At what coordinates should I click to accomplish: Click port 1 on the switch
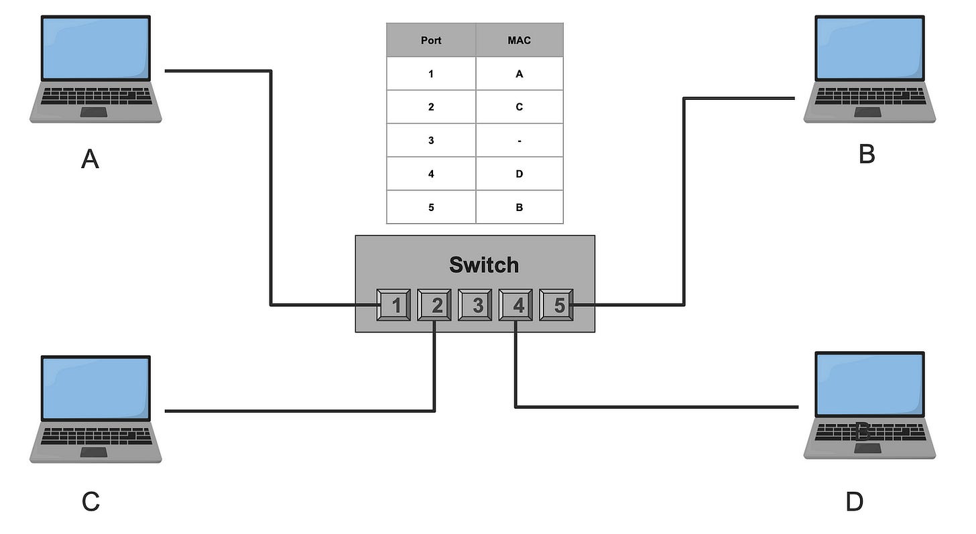coord(393,305)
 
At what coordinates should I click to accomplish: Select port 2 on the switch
coord(434,305)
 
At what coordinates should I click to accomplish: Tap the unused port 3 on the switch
coord(475,305)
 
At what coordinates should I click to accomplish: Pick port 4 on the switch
coord(515,305)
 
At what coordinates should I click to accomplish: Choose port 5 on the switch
coord(556,305)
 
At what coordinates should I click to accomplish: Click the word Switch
coord(484,265)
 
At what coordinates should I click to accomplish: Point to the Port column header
coord(431,40)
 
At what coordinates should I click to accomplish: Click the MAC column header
coord(520,40)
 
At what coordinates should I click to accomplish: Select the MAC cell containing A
coord(520,74)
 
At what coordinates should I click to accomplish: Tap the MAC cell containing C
coord(520,107)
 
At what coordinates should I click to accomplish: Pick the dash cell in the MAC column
coord(520,140)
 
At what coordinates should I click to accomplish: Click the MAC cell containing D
coord(520,174)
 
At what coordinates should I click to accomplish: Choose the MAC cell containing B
coord(520,207)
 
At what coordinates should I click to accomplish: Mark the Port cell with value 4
coord(431,174)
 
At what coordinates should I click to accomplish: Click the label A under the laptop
coord(90,159)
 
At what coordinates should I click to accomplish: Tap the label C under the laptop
coord(90,501)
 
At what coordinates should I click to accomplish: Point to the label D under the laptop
coord(855,501)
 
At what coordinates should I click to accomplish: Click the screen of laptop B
coord(869,48)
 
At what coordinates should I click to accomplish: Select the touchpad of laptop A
coord(94,113)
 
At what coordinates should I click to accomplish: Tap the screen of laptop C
coord(96,389)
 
